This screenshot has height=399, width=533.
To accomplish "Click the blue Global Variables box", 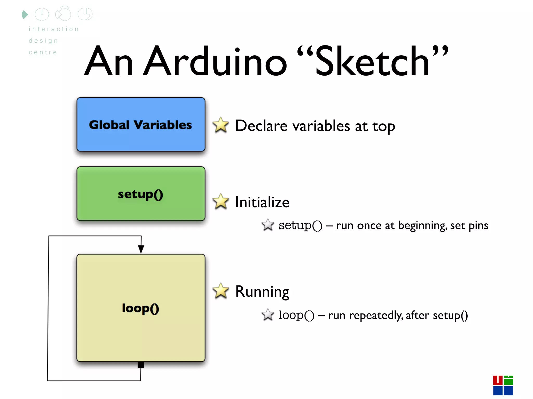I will pyautogui.click(x=141, y=124).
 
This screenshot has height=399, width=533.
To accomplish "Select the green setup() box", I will pyautogui.click(x=141, y=194).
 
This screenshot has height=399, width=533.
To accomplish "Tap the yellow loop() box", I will pyautogui.click(x=141, y=308).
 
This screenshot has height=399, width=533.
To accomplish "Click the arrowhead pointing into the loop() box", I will pyautogui.click(x=141, y=249).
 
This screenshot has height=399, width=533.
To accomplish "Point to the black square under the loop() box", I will pyautogui.click(x=141, y=365).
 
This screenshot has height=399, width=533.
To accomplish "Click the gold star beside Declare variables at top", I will pyautogui.click(x=221, y=125).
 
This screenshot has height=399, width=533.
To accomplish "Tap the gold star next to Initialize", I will pyautogui.click(x=221, y=202).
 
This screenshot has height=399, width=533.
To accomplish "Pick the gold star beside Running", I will pyautogui.click(x=221, y=291).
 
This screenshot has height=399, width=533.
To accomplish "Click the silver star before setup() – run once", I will pyautogui.click(x=268, y=225).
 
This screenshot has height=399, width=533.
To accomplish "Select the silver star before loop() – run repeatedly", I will pyautogui.click(x=268, y=315).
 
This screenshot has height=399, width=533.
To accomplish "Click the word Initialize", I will pyautogui.click(x=262, y=202).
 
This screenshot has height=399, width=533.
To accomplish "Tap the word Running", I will pyautogui.click(x=262, y=292).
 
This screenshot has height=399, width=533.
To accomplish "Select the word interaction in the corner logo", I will pyautogui.click(x=54, y=29).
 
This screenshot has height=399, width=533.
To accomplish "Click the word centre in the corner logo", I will pyautogui.click(x=43, y=52).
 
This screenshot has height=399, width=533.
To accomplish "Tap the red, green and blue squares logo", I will pyautogui.click(x=503, y=385).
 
